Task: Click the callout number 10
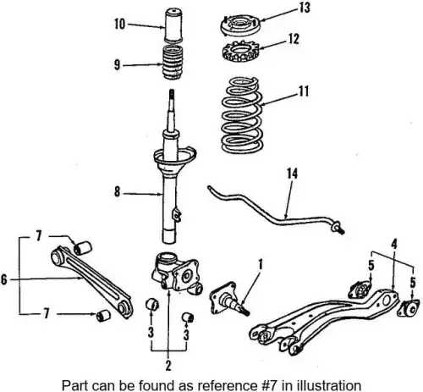tap(119, 24)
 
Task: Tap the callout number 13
tap(305, 8)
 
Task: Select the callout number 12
tap(294, 39)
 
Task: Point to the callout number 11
tap(304, 91)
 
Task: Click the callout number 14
tap(293, 174)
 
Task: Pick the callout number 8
tap(118, 192)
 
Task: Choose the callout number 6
tap(3, 279)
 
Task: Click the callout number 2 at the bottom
tap(168, 365)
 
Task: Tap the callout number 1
tap(261, 265)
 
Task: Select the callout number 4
tap(394, 244)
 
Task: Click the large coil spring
tap(243, 115)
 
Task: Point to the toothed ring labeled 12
tap(240, 51)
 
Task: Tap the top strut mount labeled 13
tap(239, 26)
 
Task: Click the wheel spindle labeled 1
tap(228, 299)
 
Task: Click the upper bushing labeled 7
tap(83, 247)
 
